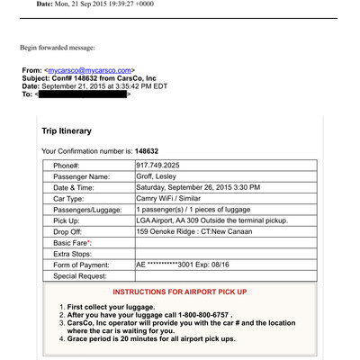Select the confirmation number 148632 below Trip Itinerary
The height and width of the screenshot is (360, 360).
[x=148, y=150]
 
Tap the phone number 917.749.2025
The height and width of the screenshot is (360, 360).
[x=158, y=166]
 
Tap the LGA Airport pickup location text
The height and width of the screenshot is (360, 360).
[x=211, y=220]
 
